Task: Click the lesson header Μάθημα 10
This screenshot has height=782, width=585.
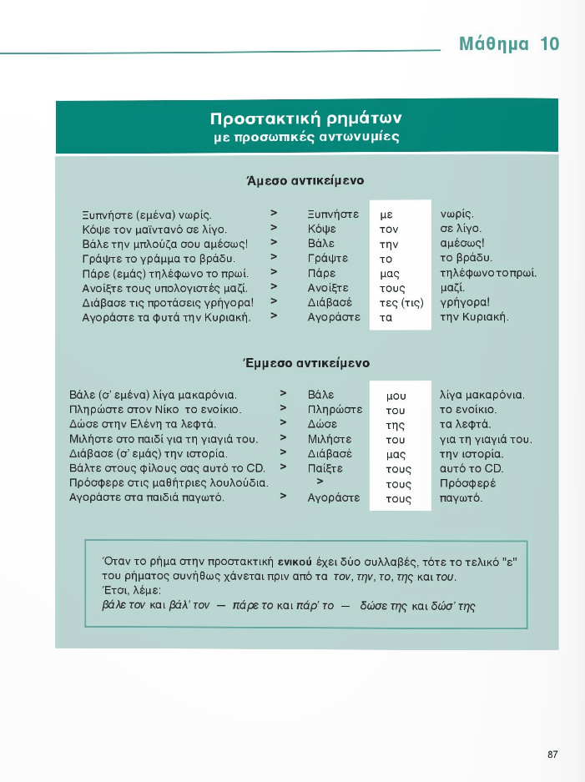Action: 509,44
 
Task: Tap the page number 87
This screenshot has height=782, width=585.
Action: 552,754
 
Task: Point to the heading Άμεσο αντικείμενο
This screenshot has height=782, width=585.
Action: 305,180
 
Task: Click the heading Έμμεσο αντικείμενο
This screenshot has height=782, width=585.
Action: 305,363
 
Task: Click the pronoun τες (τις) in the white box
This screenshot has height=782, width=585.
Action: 401,303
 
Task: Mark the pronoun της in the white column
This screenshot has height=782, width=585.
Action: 395,425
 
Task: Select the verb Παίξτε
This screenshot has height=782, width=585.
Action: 325,469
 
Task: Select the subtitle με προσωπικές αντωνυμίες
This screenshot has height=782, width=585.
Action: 306,138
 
